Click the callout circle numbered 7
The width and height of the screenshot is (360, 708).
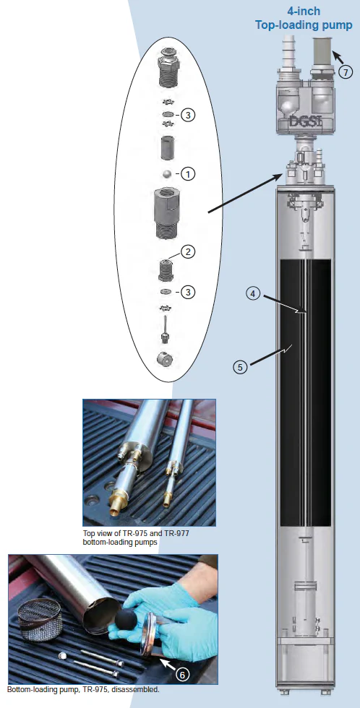tap(346, 72)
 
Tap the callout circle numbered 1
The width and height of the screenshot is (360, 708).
tap(188, 174)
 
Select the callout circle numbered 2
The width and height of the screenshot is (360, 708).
tap(188, 251)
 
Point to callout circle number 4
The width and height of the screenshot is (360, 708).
tap(254, 293)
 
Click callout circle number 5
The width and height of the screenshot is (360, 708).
tap(240, 367)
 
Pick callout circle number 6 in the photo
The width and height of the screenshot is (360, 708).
tap(182, 674)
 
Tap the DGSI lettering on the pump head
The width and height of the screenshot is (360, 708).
tap(305, 122)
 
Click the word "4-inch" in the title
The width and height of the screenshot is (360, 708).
tap(304, 11)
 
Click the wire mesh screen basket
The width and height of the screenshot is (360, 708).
tap(40, 619)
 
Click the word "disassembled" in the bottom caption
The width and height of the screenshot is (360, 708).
tap(135, 689)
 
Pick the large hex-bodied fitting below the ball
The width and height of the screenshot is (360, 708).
tap(167, 213)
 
